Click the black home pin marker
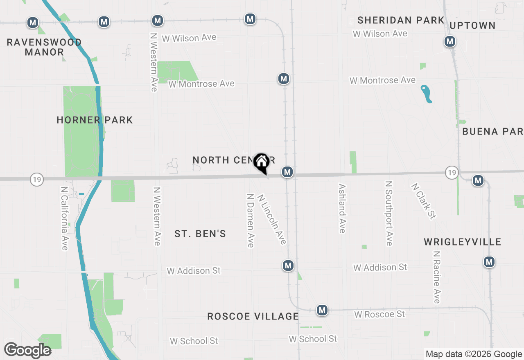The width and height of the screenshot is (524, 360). click(261, 163)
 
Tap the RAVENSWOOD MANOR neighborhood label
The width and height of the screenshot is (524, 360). click(44, 47)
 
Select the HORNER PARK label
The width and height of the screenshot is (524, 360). click(95, 120)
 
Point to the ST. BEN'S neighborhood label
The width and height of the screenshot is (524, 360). click(200, 234)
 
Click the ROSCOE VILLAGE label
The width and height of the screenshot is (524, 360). click(253, 316)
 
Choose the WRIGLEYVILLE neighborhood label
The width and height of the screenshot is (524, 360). click(463, 242)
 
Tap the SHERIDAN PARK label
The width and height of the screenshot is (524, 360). click(401, 20)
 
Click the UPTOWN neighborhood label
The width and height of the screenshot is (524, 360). click(473, 25)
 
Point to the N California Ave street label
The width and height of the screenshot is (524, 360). click(64, 218)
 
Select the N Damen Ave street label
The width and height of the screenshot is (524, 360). click(250, 220)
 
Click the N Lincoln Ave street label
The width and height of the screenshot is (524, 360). click(272, 219)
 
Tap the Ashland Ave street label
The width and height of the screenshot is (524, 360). click(342, 208)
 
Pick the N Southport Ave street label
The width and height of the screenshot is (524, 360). click(389, 213)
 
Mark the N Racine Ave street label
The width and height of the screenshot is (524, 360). click(437, 277)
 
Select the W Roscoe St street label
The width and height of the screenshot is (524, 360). click(379, 314)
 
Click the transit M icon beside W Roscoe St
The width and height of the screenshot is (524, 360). click(322, 310)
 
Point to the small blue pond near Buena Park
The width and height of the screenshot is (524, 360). click(427, 94)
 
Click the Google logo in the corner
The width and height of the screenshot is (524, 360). click(27, 350)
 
